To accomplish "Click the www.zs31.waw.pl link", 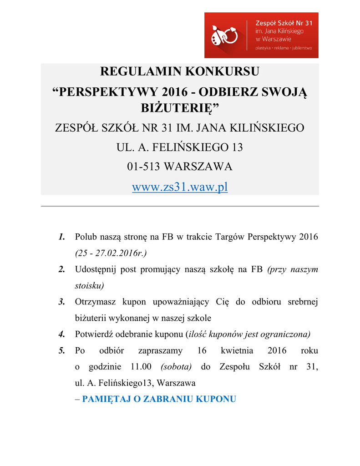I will tap(180, 187).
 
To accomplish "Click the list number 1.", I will tap(61, 237).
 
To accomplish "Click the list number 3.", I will tap(61, 302).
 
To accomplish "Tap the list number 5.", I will tap(61, 351).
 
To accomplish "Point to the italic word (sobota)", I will tap(176, 367).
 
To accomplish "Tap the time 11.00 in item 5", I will tap(141, 367).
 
